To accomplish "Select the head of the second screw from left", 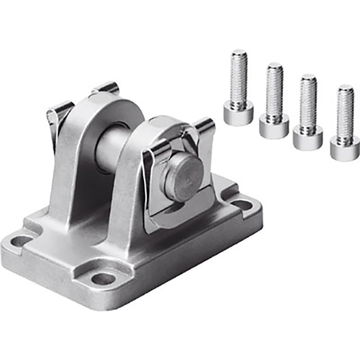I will pos(274,126).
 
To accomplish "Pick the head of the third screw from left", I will pos(308,136).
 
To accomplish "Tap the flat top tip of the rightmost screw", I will pos(346,88).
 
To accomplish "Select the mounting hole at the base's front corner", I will pos(103,278).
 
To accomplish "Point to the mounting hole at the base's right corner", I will pos(242,205).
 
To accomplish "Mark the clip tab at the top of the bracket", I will pos(105,88).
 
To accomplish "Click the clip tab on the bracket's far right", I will pos(204,129).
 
